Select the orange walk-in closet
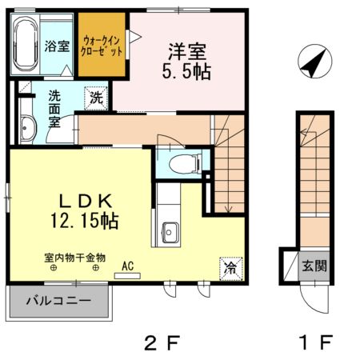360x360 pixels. point(102,45)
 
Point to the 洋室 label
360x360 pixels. point(187,50)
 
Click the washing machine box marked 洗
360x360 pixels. point(95,98)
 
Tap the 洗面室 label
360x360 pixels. point(54,109)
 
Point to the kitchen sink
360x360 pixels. point(170,231)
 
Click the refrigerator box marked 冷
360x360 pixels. point(229,267)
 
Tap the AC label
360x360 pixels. point(126,265)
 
